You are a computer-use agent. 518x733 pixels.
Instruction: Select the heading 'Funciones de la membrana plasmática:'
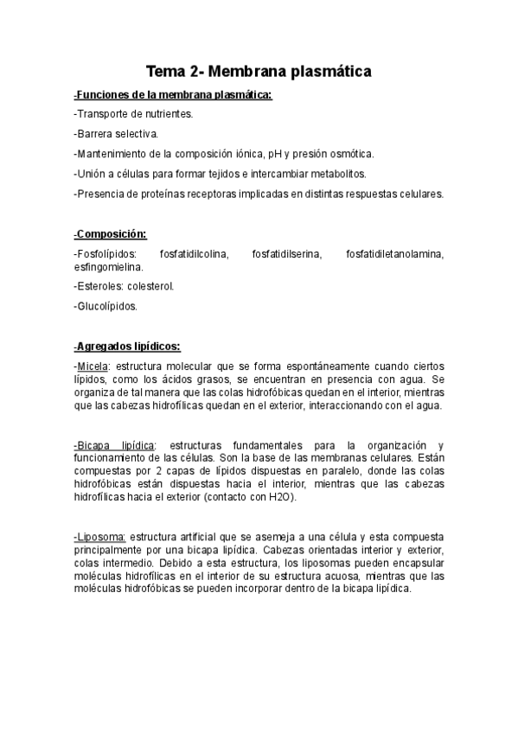[x=173, y=94]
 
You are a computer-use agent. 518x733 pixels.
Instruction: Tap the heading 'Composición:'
[x=111, y=233]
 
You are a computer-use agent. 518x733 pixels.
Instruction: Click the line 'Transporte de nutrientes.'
[x=134, y=114]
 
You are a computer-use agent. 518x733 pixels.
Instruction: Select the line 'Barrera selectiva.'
[x=117, y=134]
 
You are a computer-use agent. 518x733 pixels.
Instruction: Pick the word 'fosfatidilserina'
[x=286, y=253]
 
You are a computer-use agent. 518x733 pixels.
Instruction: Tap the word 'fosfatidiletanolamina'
[x=394, y=253]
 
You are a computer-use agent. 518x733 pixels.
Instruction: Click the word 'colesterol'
[x=150, y=286]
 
